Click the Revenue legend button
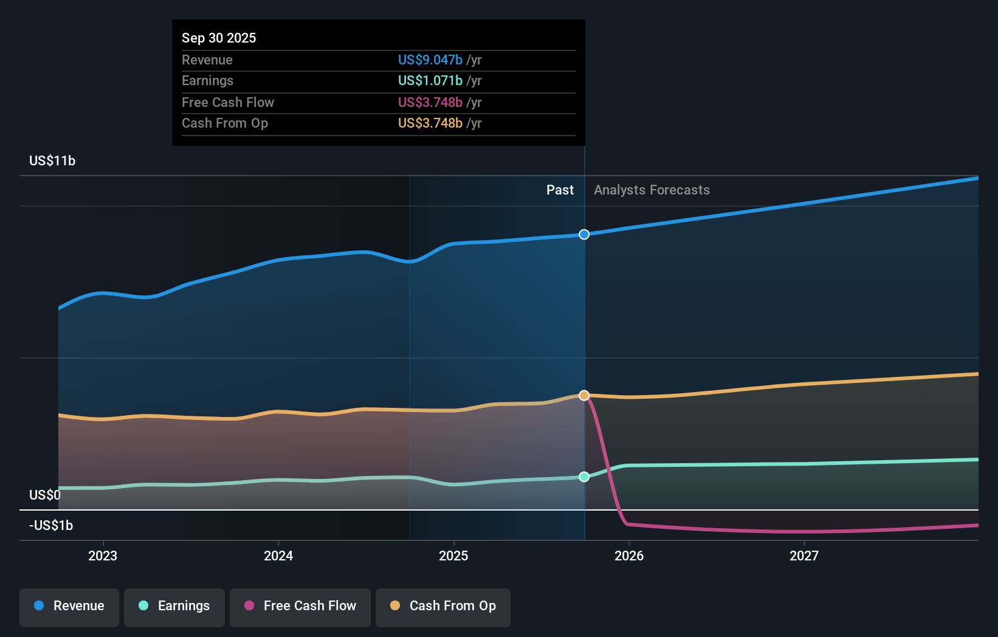(69, 606)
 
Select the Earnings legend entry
(174, 606)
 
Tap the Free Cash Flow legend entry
(300, 606)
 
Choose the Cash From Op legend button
(443, 606)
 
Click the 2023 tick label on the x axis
(103, 556)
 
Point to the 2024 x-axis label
(278, 556)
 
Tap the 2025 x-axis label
(453, 556)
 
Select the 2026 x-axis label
(629, 556)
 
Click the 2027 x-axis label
(804, 556)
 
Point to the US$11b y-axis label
(52, 160)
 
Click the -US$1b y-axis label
(51, 525)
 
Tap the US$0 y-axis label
(45, 495)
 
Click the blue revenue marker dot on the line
(584, 235)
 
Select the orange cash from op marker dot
(584, 396)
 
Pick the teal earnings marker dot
(584, 477)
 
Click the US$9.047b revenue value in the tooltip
(430, 60)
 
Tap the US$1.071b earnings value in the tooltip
(430, 81)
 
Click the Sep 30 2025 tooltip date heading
(219, 38)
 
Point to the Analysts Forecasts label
(652, 190)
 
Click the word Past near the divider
(560, 190)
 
